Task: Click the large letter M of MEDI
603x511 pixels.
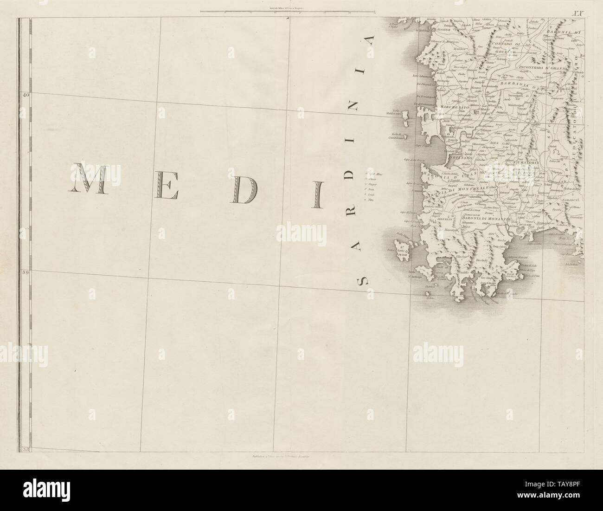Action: pos(90,179)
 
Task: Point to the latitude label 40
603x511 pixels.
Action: pos(25,95)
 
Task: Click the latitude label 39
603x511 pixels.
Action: pos(25,272)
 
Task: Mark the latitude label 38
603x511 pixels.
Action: pos(25,448)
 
